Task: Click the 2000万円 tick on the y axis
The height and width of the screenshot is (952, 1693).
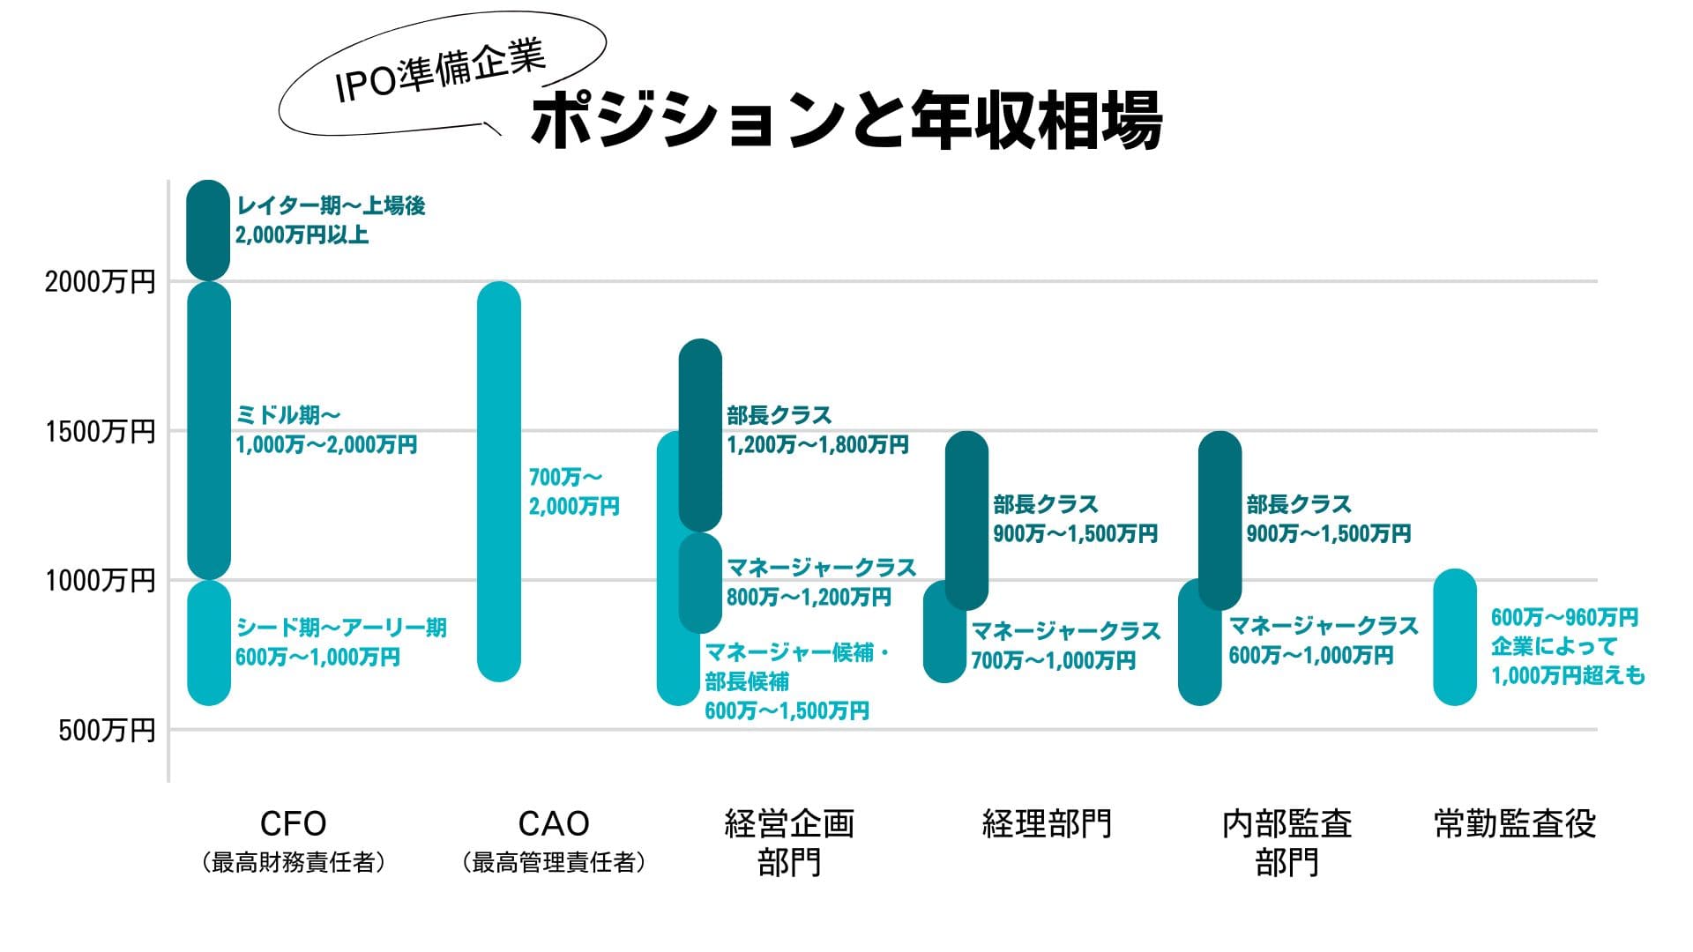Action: click(x=100, y=282)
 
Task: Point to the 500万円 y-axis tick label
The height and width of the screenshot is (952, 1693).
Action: click(x=106, y=730)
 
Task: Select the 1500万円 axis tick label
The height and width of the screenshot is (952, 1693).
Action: click(x=100, y=431)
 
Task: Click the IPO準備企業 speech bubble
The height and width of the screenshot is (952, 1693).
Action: click(x=441, y=74)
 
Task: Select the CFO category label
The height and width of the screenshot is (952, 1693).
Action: click(x=293, y=823)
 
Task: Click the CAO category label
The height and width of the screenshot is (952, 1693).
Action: click(x=553, y=823)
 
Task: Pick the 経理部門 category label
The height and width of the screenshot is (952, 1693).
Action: click(x=1047, y=823)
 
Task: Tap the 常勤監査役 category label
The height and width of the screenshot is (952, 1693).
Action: click(x=1514, y=823)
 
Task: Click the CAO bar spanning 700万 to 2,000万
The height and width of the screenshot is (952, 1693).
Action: click(x=499, y=480)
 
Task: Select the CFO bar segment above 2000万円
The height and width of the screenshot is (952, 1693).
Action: click(x=208, y=230)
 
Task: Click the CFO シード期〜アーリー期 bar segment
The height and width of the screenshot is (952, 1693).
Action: click(x=209, y=643)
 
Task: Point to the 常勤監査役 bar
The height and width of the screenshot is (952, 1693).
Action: click(x=1454, y=636)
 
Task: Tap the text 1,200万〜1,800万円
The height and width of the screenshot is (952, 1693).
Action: click(x=817, y=444)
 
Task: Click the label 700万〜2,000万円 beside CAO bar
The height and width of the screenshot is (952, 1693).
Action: click(x=573, y=492)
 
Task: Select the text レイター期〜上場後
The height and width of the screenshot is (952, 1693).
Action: click(x=331, y=205)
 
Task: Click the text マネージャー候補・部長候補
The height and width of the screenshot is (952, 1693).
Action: click(x=795, y=666)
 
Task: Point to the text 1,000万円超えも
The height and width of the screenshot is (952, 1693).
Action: click(x=1567, y=675)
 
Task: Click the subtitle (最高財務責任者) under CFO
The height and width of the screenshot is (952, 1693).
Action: click(x=293, y=862)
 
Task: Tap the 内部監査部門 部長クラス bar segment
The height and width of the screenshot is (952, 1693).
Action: click(x=1219, y=520)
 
